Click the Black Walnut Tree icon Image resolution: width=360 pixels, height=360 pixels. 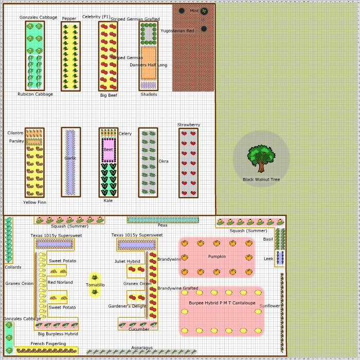click(x=261, y=158)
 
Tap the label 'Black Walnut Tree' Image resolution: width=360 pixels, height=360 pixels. click(x=261, y=179)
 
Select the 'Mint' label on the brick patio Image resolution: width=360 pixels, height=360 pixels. click(x=194, y=11)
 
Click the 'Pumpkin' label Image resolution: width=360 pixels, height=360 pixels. click(x=217, y=257)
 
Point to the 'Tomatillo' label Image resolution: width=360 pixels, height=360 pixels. click(x=95, y=285)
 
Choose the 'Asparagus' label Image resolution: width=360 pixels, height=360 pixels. click(x=142, y=348)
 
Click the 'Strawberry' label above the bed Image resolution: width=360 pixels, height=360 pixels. click(x=189, y=124)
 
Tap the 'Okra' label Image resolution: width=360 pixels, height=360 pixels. click(x=164, y=161)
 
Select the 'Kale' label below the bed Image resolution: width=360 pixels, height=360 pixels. click(x=108, y=201)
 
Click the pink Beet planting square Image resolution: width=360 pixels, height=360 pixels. click(x=109, y=150)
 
